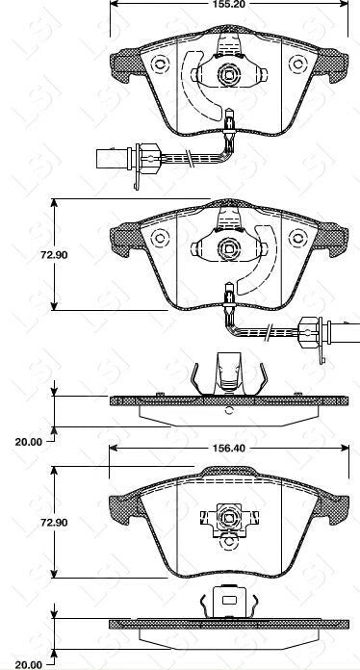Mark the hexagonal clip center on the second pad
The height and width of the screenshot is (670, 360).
click(x=229, y=247)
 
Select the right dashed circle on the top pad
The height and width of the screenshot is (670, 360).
click(x=298, y=64)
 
